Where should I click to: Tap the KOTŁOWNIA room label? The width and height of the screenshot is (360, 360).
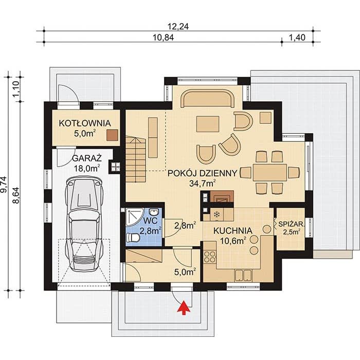tap(85, 123)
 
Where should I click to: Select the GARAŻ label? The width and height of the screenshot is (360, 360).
tap(87, 158)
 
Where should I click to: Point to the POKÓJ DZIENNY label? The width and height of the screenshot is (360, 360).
tap(202, 173)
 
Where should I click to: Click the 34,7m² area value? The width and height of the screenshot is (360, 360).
tap(202, 183)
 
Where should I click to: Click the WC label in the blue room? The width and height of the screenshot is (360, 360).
tap(150, 221)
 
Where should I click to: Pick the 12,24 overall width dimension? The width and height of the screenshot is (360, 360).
tap(178, 27)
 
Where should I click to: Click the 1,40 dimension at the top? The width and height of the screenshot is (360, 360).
tap(297, 38)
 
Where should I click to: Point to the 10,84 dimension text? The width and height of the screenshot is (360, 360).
tap(163, 38)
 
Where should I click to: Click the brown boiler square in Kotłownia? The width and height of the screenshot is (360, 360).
tap(112, 135)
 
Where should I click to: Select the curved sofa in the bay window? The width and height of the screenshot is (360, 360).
tap(208, 99)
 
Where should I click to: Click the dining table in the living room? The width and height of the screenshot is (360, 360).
tap(270, 172)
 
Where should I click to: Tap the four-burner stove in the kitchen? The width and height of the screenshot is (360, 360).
tap(210, 257)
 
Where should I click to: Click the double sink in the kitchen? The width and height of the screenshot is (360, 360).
tap(243, 276)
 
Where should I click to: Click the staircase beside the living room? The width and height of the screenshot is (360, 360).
tap(135, 158)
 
